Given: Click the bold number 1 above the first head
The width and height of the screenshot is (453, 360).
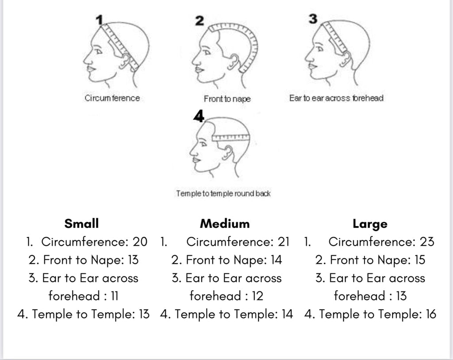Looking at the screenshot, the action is point(100,20).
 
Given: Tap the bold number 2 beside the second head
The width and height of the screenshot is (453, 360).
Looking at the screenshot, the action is point(200,21).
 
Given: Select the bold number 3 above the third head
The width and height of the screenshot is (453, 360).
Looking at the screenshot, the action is point(313,19).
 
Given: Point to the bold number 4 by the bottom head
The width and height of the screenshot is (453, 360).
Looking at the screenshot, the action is point(199,116).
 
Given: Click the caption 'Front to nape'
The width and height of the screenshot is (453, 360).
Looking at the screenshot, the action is point(227,99).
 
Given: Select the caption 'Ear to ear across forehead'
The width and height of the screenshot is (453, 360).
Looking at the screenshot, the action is point(336,98).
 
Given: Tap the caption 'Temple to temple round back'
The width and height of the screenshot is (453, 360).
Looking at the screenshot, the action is point(223,194).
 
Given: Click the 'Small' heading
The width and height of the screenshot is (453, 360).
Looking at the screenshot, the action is point(81,224).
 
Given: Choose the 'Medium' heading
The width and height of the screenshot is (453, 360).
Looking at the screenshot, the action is point(225,224).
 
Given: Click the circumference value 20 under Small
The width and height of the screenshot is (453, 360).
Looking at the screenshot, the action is point(140,242).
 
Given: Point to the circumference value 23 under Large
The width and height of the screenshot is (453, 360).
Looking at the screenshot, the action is point(427,242).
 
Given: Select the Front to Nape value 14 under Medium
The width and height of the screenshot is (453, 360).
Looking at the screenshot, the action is point(276,260).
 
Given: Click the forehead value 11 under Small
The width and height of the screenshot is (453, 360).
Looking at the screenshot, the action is point(115,296).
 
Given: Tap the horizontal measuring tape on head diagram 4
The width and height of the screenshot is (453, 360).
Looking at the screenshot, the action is point(230,137).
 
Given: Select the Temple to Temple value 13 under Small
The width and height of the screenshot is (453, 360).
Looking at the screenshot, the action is point(144,314).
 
